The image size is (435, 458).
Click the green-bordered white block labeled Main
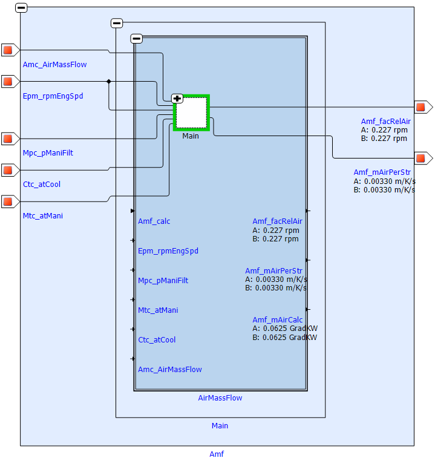click(x=191, y=113)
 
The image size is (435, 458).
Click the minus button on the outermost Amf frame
click(x=21, y=8)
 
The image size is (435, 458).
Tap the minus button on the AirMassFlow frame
click(x=137, y=39)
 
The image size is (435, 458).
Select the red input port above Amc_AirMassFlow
click(x=8, y=50)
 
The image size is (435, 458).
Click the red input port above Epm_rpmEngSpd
click(x=8, y=81)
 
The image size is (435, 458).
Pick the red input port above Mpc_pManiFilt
click(x=8, y=139)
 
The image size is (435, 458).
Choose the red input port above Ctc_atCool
click(x=8, y=170)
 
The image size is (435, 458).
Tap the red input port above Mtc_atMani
click(x=8, y=201)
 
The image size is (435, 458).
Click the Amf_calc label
click(x=154, y=221)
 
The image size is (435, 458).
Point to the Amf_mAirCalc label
click(x=278, y=320)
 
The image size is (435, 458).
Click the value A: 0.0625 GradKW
click(x=284, y=329)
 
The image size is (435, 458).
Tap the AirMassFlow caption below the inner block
click(x=220, y=398)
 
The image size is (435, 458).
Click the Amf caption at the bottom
click(x=217, y=454)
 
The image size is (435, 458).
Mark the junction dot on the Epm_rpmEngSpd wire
click(x=109, y=81)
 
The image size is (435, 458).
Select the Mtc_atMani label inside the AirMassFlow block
click(x=158, y=310)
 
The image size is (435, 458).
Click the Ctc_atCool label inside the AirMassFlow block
click(x=157, y=340)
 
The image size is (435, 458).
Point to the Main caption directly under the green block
click(x=191, y=136)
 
